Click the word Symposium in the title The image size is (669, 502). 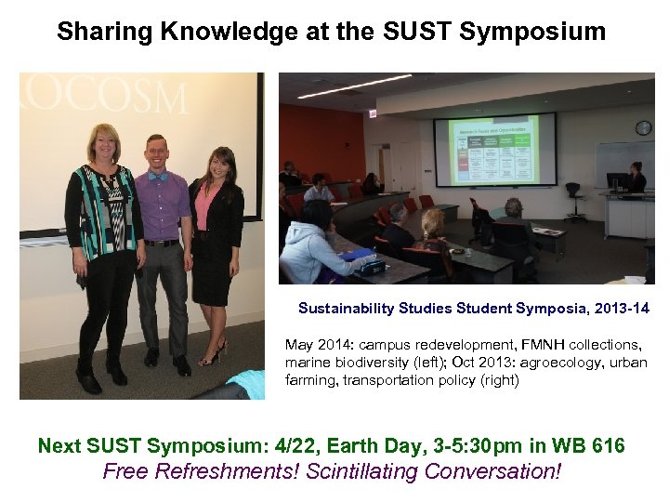tap(532, 32)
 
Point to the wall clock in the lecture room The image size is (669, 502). tap(643, 127)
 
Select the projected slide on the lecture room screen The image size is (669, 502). tap(495, 149)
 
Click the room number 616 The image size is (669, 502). tap(608, 446)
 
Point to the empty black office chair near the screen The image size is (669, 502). tap(575, 197)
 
